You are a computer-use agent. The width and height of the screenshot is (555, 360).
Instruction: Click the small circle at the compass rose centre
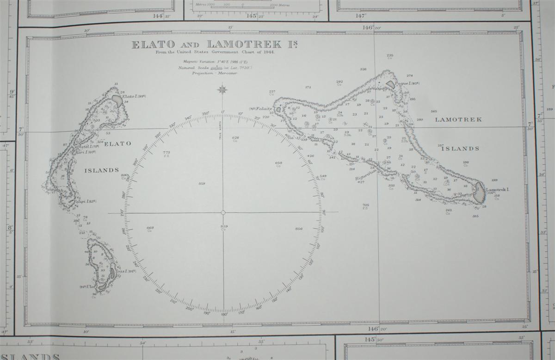223,213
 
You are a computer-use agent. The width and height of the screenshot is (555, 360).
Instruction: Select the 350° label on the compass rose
205,113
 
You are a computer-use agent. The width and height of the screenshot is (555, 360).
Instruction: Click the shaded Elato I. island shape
118,100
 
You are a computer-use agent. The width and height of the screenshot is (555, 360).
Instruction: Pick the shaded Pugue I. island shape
391,84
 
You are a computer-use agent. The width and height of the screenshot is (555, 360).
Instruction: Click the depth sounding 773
166,152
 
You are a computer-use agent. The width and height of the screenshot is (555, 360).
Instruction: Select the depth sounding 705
365,205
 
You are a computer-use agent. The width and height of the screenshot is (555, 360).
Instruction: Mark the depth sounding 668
150,228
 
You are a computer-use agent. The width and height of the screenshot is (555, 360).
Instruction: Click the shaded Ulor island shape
103,286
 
